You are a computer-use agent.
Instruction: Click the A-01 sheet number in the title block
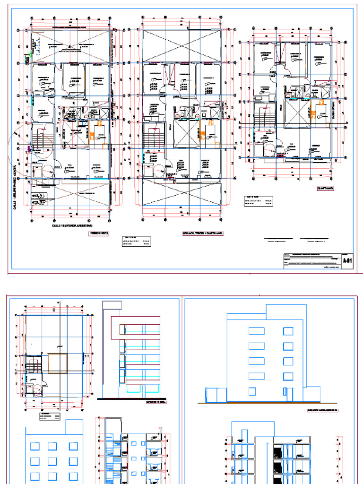pos(347,260)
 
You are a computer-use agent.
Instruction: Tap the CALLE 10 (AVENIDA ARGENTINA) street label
pos(72,226)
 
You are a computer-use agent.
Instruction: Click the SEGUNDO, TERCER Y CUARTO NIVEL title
pos(203,233)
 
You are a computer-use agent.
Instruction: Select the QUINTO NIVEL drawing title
pos(326,189)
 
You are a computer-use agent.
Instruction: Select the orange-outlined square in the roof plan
pos(57,364)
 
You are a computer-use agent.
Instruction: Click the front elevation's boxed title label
pos(156,402)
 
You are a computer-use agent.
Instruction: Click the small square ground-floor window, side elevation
pos(252,391)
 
